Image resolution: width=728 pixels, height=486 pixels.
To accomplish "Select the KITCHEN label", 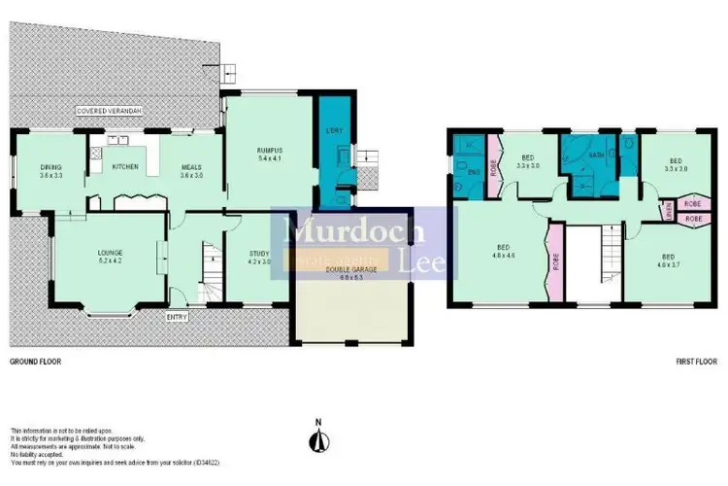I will click(x=125, y=167).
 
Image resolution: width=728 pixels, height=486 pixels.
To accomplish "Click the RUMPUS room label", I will click(x=269, y=150).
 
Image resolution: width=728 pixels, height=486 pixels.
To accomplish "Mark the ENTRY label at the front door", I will click(x=179, y=316).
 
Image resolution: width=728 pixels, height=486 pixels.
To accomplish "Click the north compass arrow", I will click(x=316, y=439).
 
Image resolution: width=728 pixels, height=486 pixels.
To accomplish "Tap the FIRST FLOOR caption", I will click(x=696, y=361).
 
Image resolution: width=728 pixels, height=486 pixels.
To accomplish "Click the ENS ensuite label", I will click(x=474, y=172).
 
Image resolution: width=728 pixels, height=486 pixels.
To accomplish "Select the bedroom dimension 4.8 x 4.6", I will click(x=501, y=257).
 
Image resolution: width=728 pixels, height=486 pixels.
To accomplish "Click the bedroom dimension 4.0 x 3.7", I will click(x=672, y=263).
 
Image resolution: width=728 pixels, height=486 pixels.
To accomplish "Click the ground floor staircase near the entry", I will click(x=208, y=267).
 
